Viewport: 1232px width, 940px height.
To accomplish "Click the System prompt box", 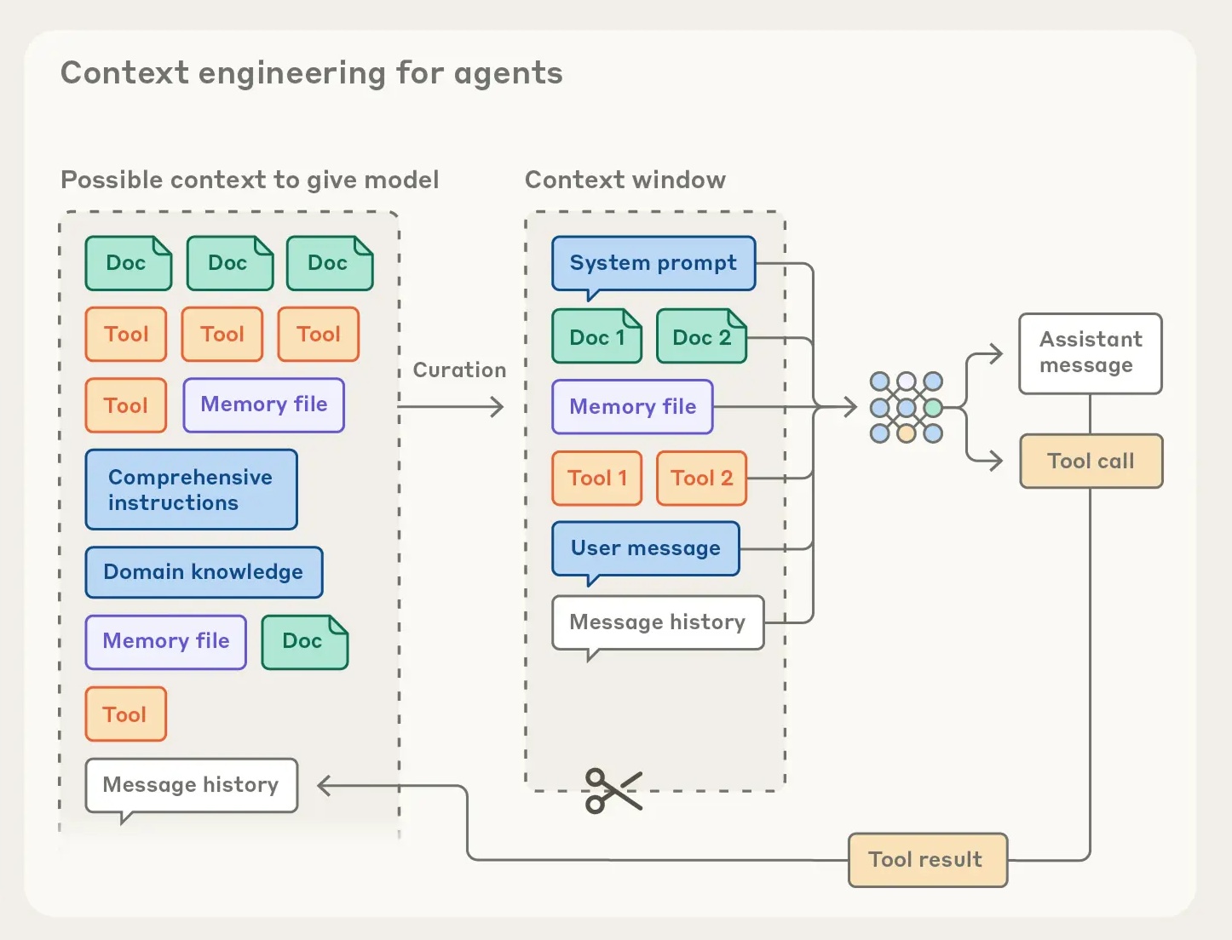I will pos(653,263).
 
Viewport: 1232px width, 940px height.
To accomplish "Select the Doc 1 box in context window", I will pos(596,337).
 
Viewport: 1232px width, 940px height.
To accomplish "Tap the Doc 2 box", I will pos(701,337).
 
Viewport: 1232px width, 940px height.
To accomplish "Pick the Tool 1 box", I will pos(596,479).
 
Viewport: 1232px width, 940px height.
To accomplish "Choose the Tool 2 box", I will pos(701,479).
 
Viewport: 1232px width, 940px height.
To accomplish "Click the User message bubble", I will pos(645,548).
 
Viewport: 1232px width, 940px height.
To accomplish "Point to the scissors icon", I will pos(612,791).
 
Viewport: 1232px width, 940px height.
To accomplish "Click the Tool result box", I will pos(927,860).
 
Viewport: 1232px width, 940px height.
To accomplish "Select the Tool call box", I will pos(1091,461).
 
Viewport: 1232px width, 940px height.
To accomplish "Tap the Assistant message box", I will pos(1091,353).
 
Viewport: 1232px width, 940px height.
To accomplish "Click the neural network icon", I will pos(906,408).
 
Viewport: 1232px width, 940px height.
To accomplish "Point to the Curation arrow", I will pos(452,407).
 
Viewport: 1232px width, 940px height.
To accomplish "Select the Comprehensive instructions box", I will pos(191,490).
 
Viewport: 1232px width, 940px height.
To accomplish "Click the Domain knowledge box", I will pos(204,572).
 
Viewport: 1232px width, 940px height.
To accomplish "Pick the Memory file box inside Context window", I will pos(632,407).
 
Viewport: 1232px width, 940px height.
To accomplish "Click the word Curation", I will pos(459,370).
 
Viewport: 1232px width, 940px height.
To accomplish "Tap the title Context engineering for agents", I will pos(311,73).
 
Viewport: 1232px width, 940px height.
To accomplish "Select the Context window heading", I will pos(625,181).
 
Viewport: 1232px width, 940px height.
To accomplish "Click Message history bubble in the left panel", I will pos(191,785).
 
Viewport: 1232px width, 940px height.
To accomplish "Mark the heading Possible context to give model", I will pos(250,181).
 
